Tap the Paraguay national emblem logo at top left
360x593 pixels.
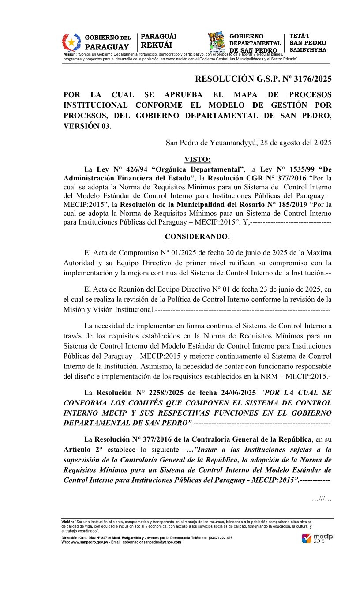tap(71, 43)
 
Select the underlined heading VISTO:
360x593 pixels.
tap(197, 159)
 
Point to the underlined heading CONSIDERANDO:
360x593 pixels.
tap(197, 236)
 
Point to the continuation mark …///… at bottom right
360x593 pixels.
tap(321, 499)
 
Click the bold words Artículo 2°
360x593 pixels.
tap(83, 449)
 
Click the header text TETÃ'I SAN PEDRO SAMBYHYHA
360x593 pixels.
tap(308, 43)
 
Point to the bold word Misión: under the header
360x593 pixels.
tap(70, 54)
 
